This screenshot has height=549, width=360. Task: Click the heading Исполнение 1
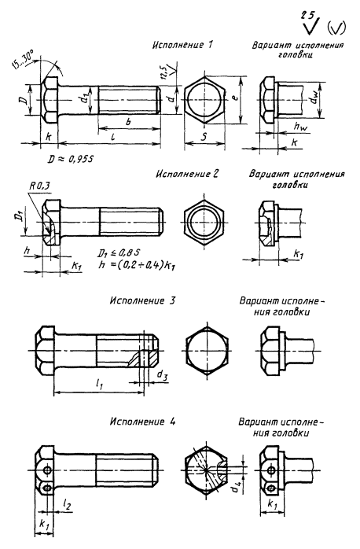[x=182, y=45]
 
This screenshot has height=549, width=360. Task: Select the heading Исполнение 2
[x=187, y=174]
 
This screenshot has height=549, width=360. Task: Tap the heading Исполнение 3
[x=142, y=300]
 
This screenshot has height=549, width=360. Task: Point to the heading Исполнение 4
[x=142, y=422]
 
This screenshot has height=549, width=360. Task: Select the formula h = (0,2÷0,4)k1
[x=137, y=265]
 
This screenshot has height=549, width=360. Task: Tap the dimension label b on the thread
[x=128, y=122]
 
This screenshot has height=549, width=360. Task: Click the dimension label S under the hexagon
[x=204, y=136]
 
